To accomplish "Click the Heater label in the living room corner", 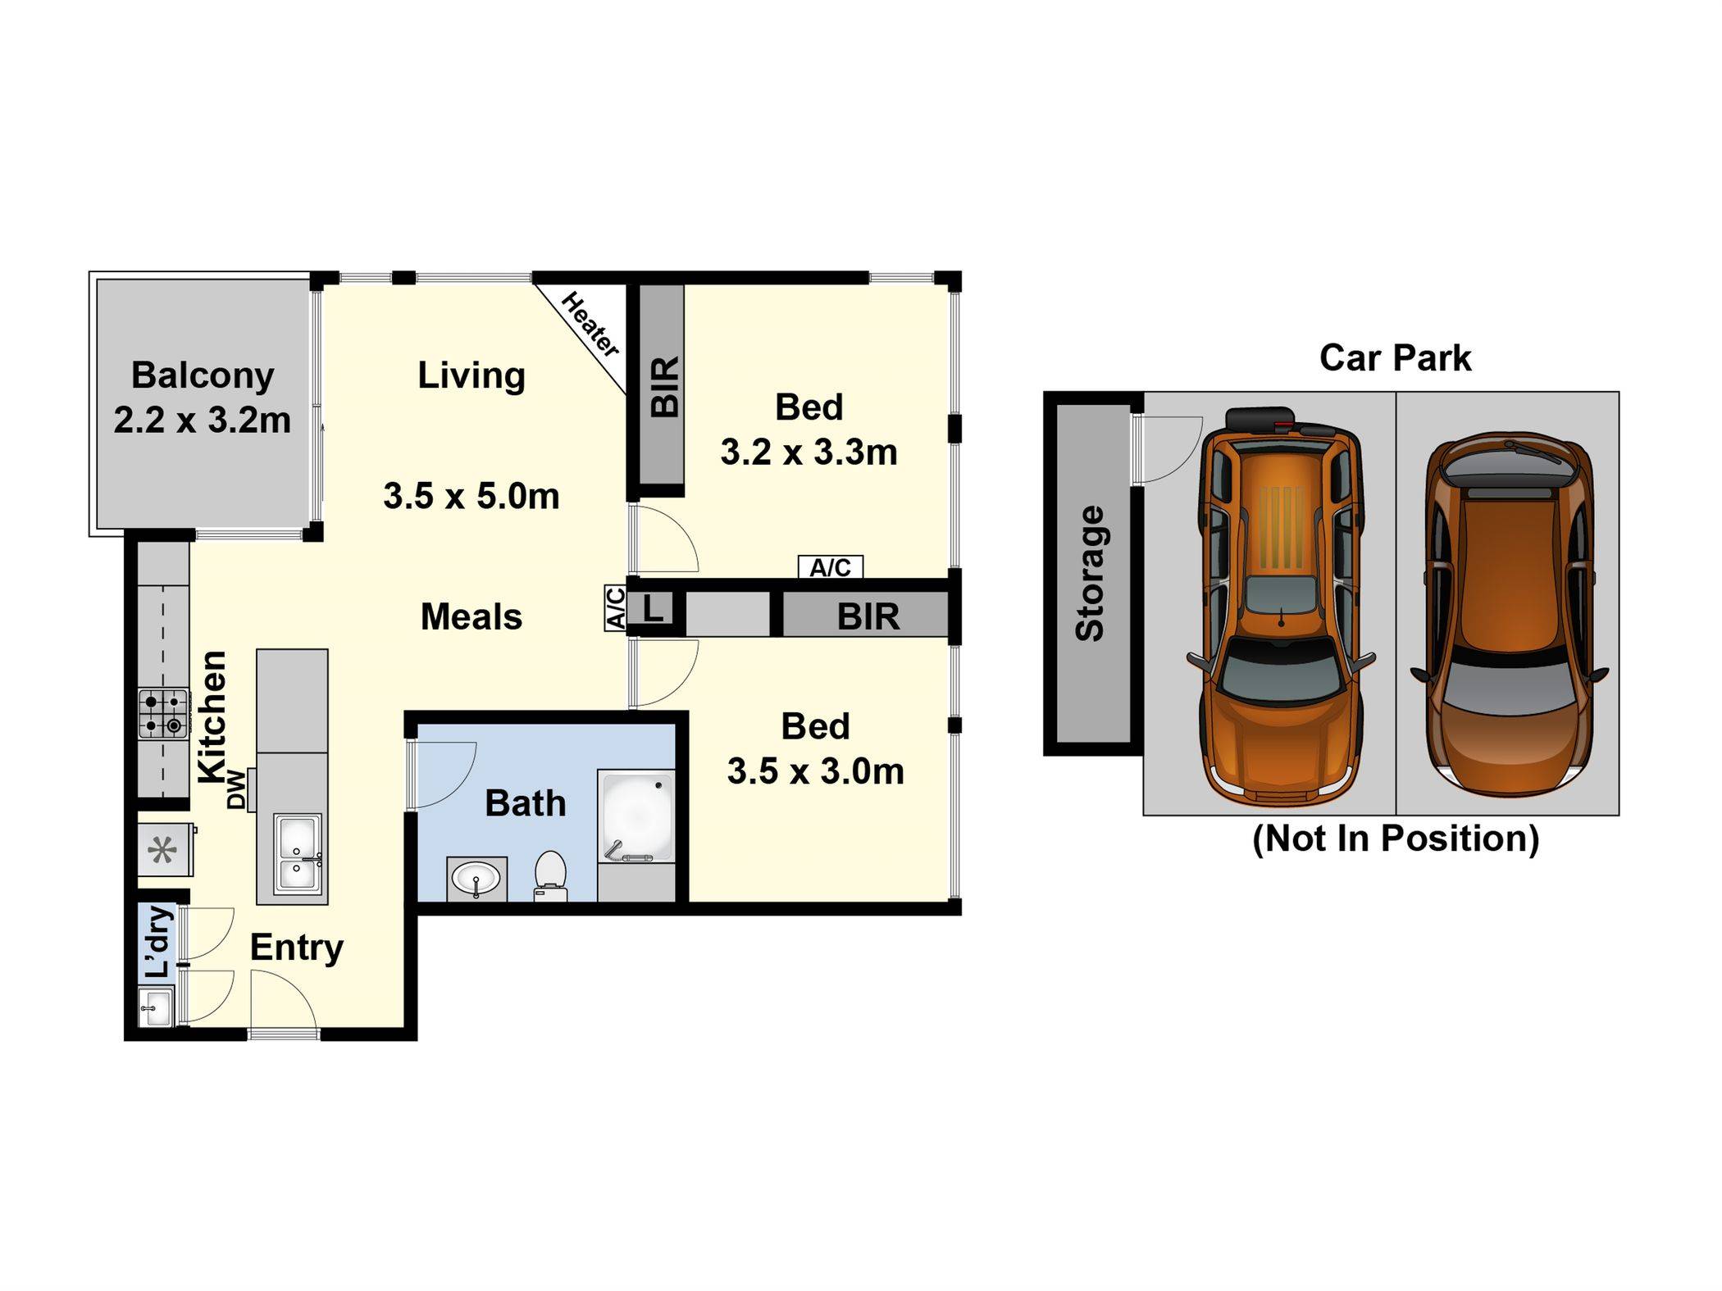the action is (590, 325).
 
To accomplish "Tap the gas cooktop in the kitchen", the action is (163, 714).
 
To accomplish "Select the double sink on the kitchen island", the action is (297, 853).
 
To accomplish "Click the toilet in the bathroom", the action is (550, 875).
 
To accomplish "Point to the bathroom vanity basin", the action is (476, 880).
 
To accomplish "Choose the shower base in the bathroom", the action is (636, 816).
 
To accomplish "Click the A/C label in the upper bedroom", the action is (831, 567).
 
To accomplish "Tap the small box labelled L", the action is (652, 609).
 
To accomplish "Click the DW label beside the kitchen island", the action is (237, 789).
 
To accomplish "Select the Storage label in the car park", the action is (1090, 573).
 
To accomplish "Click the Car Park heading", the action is (1395, 358).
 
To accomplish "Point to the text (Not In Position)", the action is (1395, 839).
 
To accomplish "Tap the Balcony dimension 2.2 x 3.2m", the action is (203, 420).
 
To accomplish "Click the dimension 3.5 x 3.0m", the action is (816, 771).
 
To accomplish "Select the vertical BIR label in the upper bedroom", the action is (665, 387).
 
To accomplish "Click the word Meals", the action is (471, 617).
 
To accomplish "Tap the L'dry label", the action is (158, 942).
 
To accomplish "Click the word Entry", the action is (297, 948).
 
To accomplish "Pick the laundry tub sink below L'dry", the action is (156, 1007).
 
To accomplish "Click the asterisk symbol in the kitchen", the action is (162, 851).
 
